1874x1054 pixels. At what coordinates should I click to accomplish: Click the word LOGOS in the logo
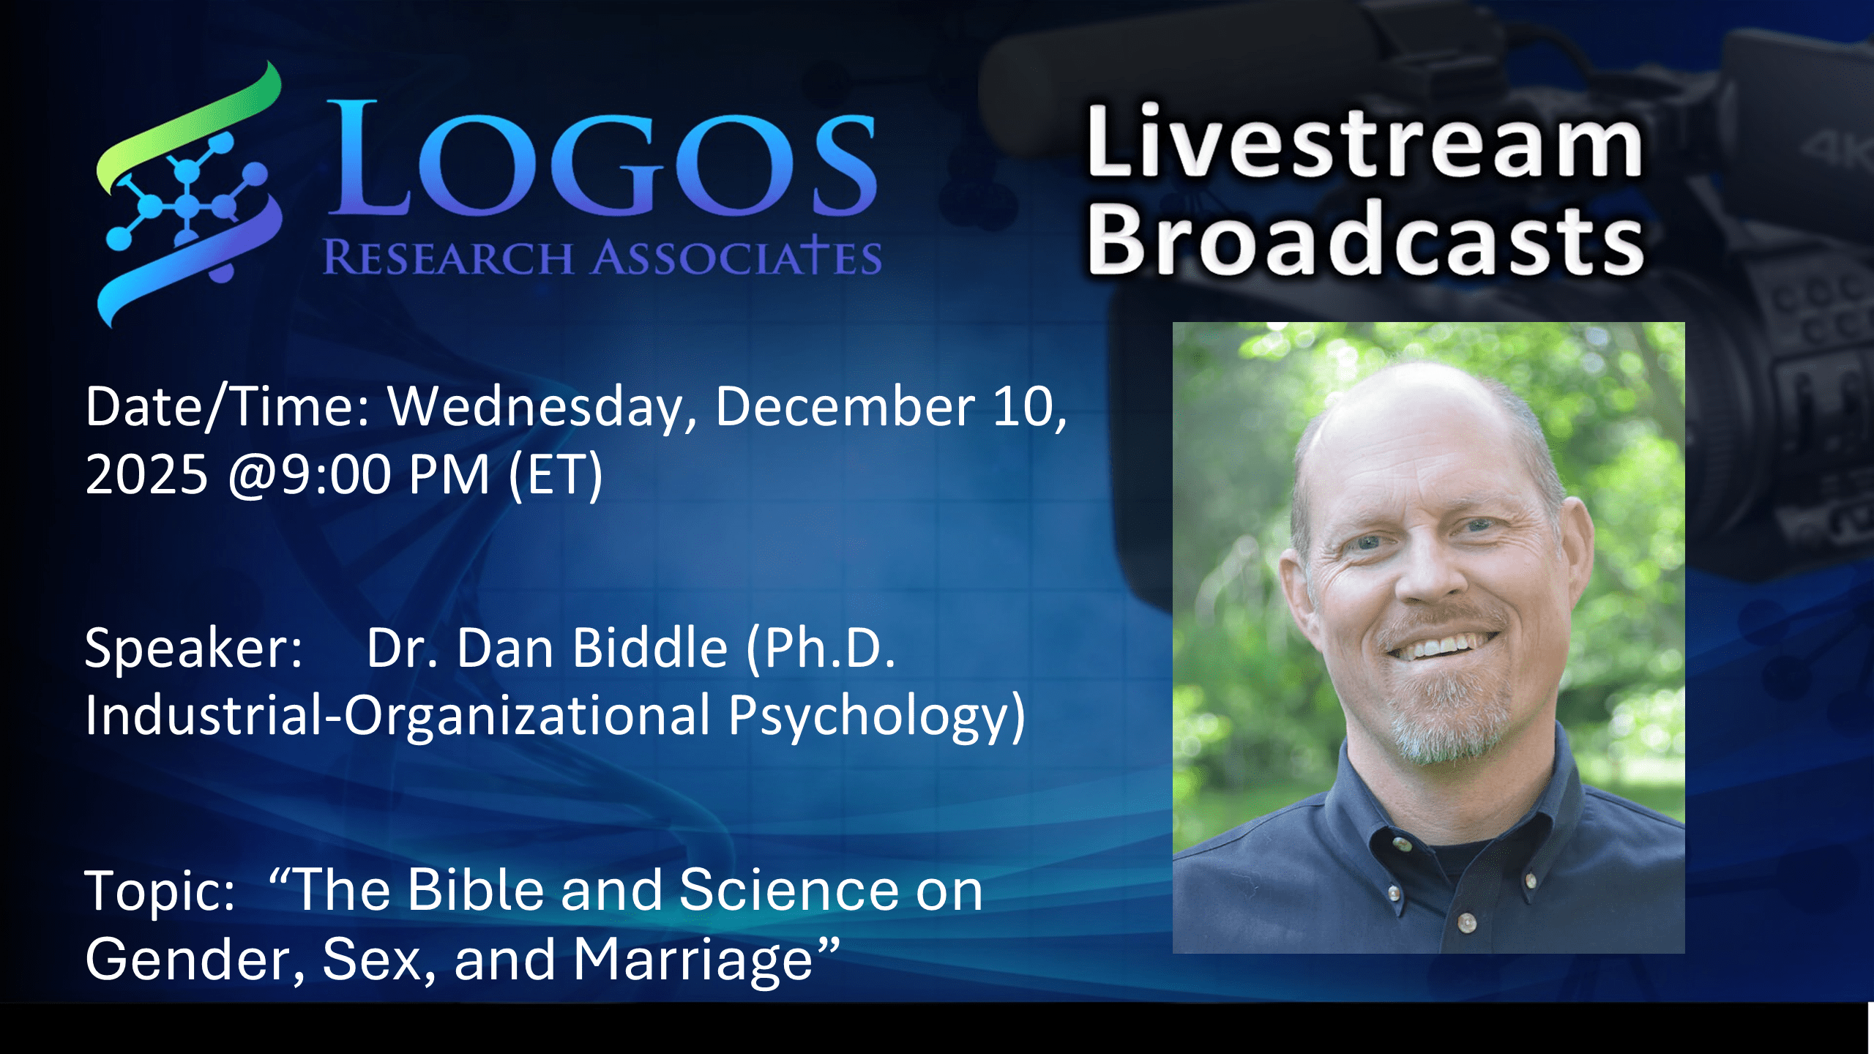pyautogui.click(x=602, y=159)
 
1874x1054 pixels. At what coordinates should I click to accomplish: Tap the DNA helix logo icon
pyautogui.click(x=189, y=195)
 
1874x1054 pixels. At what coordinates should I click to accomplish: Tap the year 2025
pyautogui.click(x=146, y=475)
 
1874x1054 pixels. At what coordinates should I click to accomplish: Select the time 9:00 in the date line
pyautogui.click(x=336, y=475)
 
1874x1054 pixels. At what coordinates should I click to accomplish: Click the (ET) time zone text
pyautogui.click(x=556, y=476)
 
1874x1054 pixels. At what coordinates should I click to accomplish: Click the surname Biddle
pyautogui.click(x=650, y=648)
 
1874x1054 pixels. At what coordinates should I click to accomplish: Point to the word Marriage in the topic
pyautogui.click(x=693, y=961)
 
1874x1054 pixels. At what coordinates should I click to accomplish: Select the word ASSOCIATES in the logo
pyautogui.click(x=736, y=257)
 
